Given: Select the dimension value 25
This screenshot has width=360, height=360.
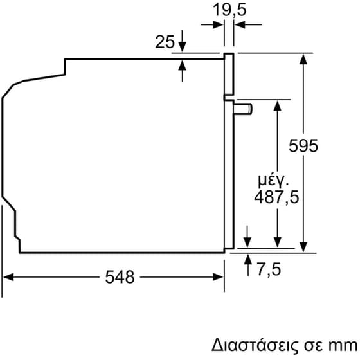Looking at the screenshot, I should pos(165,43).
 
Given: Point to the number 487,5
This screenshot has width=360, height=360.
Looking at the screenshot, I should pos(278,197).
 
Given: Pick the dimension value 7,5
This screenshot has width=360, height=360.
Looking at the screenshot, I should pos(269,268).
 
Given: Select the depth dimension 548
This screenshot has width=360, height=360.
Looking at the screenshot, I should pos(120,277).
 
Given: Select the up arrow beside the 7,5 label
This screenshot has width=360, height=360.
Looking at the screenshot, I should pos(248,259).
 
